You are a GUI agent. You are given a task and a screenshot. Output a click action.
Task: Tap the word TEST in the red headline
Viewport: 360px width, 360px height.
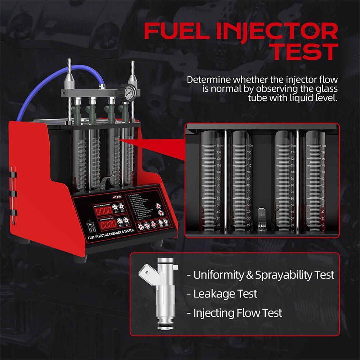tap(305, 52)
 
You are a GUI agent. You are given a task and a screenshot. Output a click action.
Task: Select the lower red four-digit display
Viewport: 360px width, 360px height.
tap(108, 224)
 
